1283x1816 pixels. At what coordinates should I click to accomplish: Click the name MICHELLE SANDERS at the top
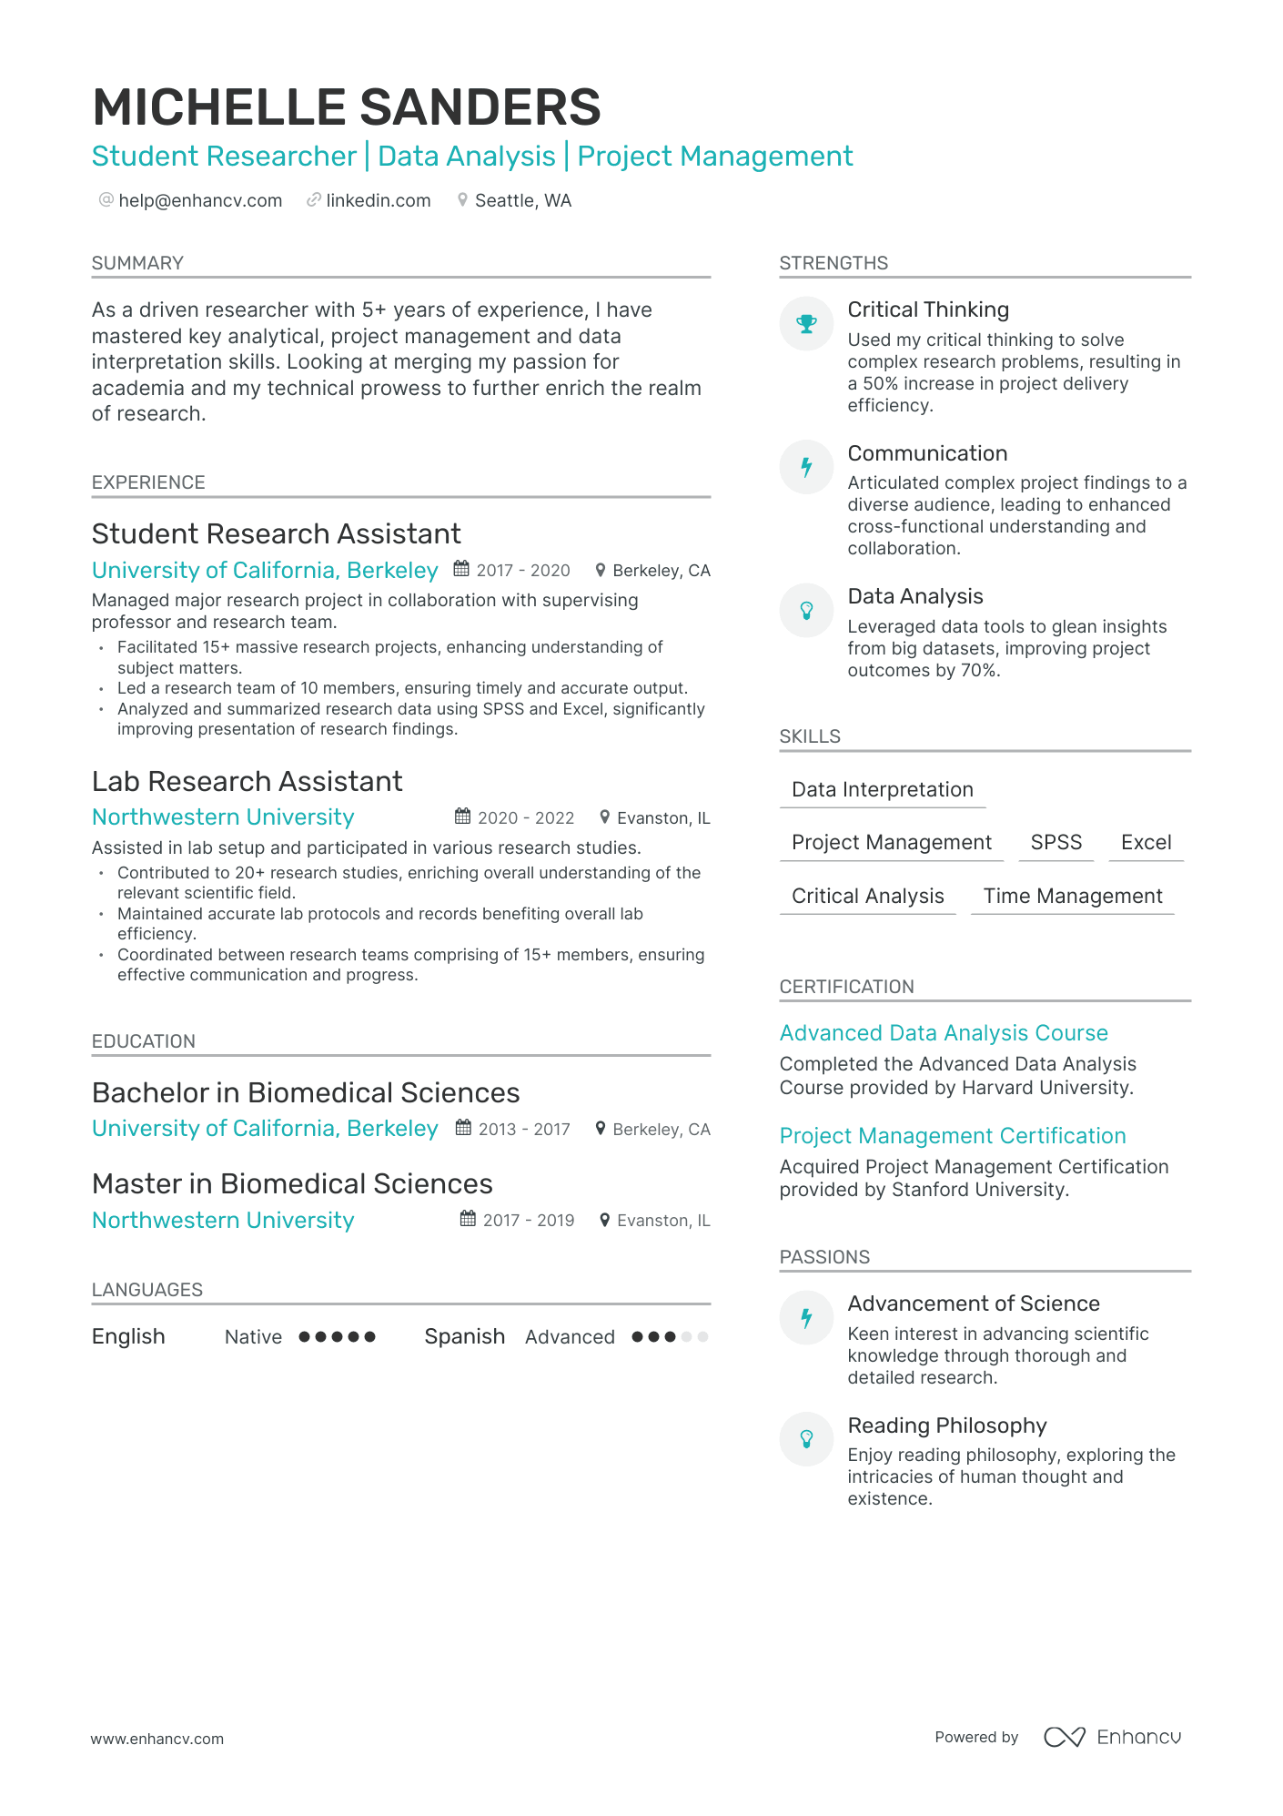[347, 107]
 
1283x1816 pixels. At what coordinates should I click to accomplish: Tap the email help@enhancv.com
[200, 200]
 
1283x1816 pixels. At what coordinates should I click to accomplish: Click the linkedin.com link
[378, 200]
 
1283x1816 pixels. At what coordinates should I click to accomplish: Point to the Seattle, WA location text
[523, 200]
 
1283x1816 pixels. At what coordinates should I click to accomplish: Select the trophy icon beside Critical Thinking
[806, 324]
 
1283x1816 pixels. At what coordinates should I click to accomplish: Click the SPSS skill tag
[1056, 843]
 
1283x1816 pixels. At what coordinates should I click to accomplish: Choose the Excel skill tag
[1146, 843]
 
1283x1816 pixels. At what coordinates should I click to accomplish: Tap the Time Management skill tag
[1072, 897]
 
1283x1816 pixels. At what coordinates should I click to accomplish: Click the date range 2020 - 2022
[526, 818]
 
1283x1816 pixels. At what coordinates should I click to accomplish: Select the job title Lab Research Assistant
[247, 782]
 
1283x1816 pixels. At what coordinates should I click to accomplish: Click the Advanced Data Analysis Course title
[944, 1033]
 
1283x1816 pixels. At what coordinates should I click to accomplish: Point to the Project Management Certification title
[953, 1136]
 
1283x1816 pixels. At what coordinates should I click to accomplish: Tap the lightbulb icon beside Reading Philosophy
[806, 1439]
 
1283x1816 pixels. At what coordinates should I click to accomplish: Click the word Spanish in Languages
[464, 1336]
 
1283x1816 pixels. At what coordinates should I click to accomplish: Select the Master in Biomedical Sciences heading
[292, 1184]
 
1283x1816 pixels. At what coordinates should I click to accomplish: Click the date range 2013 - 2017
[524, 1130]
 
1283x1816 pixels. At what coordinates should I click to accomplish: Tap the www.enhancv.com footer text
[157, 1739]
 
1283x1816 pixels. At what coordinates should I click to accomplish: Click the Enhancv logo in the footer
[1112, 1737]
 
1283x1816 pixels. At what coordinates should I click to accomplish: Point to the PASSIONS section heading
[824, 1257]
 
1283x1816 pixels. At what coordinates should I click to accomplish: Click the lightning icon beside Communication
[806, 468]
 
